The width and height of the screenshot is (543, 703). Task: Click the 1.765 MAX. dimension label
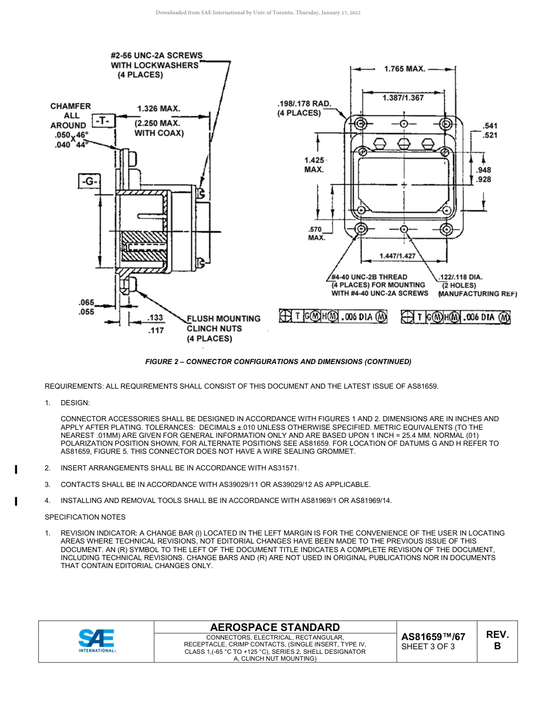pyautogui.click(x=404, y=69)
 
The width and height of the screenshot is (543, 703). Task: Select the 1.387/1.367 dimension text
pyautogui.click(x=403, y=98)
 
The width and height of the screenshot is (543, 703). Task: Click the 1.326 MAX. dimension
pyautogui.click(x=158, y=108)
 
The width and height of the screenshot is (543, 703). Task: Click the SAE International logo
pyautogui.click(x=97, y=640)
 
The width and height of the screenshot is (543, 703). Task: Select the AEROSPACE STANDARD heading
pyautogui.click(x=275, y=627)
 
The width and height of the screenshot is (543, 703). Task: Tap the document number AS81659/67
pyautogui.click(x=433, y=636)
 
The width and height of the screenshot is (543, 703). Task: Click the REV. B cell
pyautogui.click(x=497, y=640)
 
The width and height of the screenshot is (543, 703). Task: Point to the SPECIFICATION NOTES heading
pyautogui.click(x=85, y=517)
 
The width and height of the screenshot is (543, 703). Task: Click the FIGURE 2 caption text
pyautogui.click(x=278, y=361)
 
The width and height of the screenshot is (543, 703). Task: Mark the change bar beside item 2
pyautogui.click(x=16, y=470)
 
